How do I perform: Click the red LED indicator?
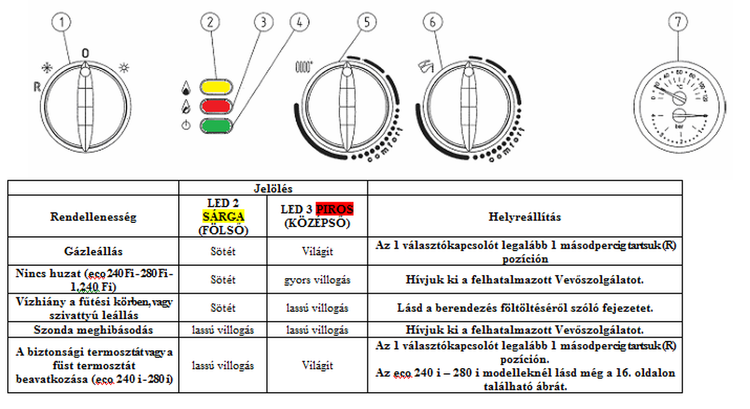[x=216, y=106]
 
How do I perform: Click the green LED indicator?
[x=216, y=125]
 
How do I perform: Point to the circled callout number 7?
[x=678, y=22]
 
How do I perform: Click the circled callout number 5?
[x=367, y=22]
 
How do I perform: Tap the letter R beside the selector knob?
[x=36, y=87]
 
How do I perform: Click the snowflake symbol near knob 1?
[x=46, y=66]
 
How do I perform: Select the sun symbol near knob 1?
[x=124, y=66]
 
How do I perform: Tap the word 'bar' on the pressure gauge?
[x=680, y=125]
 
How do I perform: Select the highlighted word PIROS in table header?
[x=334, y=209]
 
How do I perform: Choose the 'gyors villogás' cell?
[x=317, y=280]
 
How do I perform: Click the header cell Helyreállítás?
[x=524, y=216]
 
